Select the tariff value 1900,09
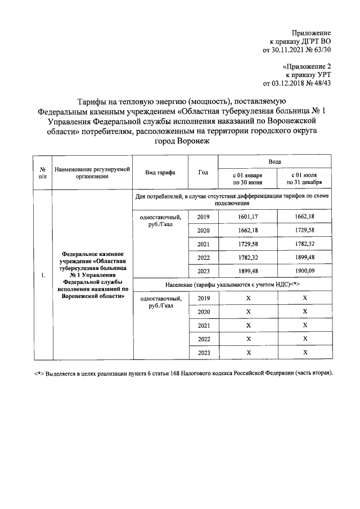[x=305, y=271]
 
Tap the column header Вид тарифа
[x=160, y=172]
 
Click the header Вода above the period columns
[x=275, y=161]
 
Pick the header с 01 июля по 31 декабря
[x=304, y=179]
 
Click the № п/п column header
[x=42, y=172]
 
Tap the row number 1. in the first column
[x=43, y=276]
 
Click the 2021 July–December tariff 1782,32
[x=305, y=244]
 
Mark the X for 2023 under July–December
[x=305, y=352]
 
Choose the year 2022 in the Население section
[x=203, y=339]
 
